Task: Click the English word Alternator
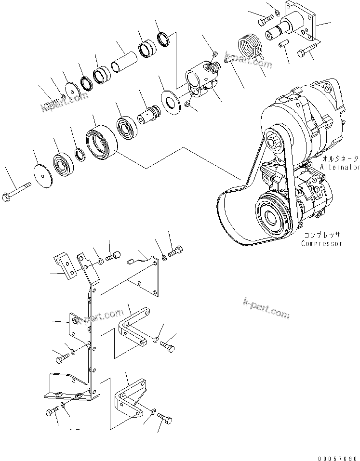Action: click(x=339, y=168)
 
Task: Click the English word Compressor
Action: click(x=321, y=243)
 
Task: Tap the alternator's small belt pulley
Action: click(x=275, y=135)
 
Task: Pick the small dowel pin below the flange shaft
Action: click(x=284, y=44)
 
